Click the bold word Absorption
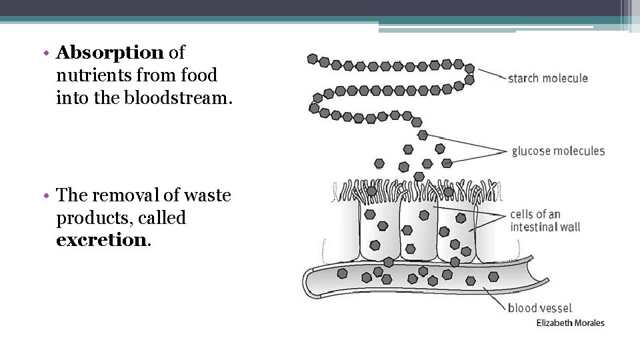point(110,52)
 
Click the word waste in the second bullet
point(207,195)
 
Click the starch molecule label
point(547,78)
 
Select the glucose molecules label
point(558,151)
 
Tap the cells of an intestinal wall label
point(545,221)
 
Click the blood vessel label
point(540,308)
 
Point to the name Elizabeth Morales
point(571,323)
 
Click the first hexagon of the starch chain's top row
point(313,59)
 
